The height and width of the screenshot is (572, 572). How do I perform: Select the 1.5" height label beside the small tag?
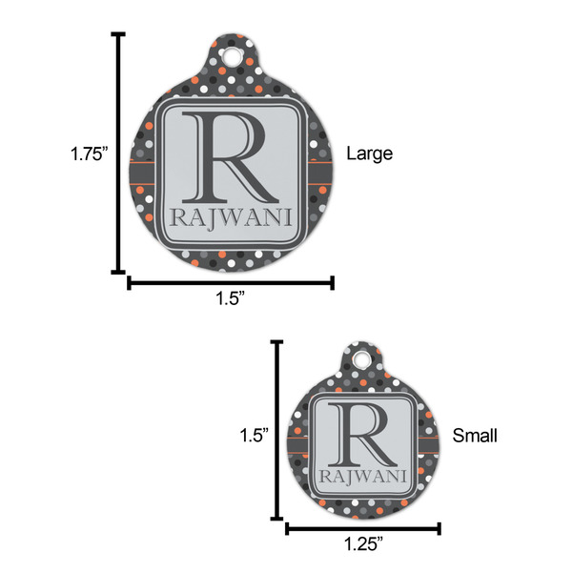[253, 435]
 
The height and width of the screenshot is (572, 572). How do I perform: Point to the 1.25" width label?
[363, 544]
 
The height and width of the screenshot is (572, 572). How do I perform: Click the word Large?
[369, 153]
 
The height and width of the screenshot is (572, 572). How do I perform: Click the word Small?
[475, 436]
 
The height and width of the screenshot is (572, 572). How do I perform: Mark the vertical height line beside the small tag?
[277, 430]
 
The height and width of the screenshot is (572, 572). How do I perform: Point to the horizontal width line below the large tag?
[230, 282]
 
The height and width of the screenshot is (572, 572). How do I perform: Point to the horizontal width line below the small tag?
[363, 527]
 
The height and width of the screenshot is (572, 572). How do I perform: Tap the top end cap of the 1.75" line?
[119, 35]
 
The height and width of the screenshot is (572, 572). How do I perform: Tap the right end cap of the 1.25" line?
[440, 527]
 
